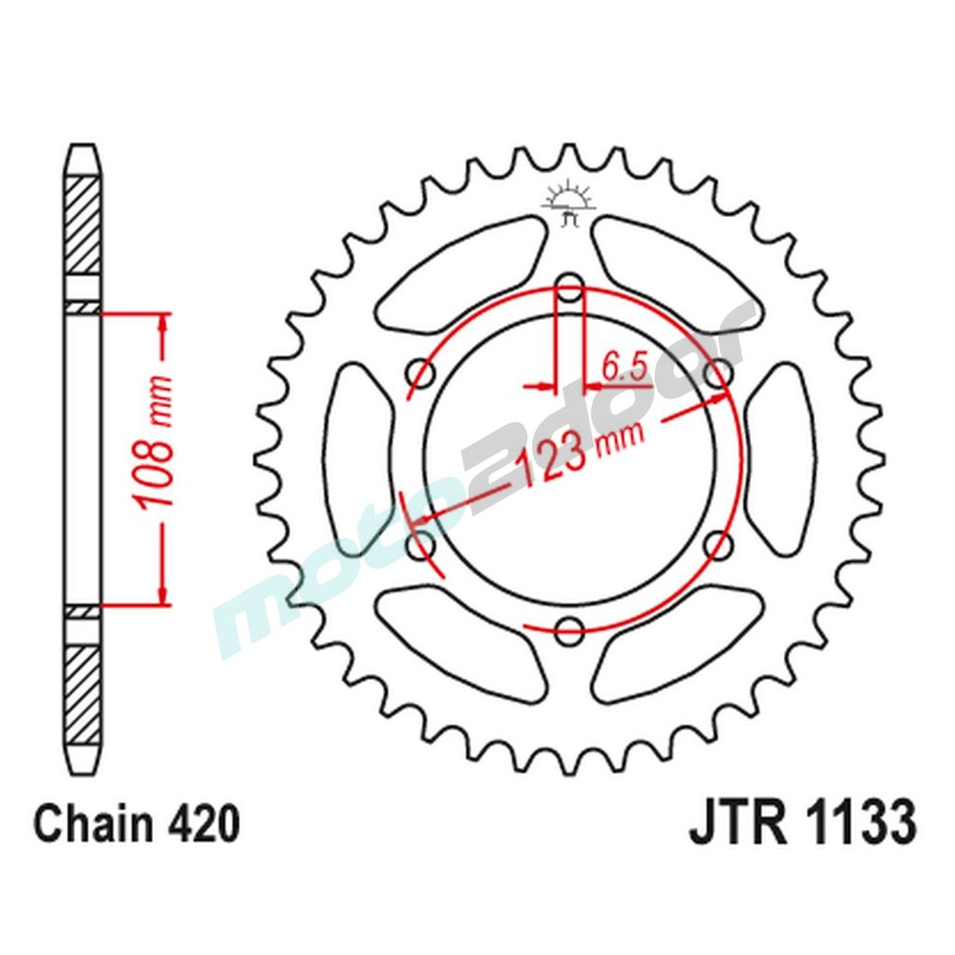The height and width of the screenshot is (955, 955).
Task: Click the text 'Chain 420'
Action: coord(136,824)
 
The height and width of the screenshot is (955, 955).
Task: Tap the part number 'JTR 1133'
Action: coord(801,823)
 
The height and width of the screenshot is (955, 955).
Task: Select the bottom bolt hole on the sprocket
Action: coord(569,630)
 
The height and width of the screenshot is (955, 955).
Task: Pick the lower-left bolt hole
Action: coord(419,545)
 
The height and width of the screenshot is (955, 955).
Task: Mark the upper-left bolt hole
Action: coord(419,372)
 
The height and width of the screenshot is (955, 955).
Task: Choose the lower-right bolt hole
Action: coord(718,545)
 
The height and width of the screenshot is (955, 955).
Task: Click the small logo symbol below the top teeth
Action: coord(569,203)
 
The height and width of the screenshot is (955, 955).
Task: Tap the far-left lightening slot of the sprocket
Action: coord(359,458)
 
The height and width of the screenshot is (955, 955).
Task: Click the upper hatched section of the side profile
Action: coord(82,224)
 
